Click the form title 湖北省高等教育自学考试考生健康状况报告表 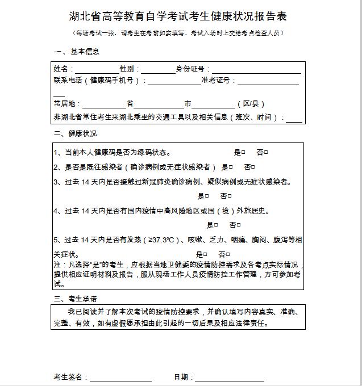click(181, 16)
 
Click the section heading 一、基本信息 click(77, 52)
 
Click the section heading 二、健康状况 click(77, 134)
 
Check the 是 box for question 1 click(243, 153)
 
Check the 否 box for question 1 click(266, 153)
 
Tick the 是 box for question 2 click(231, 167)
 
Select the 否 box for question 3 click(230, 196)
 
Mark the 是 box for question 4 click(217, 225)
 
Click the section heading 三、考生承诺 click(77, 299)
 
